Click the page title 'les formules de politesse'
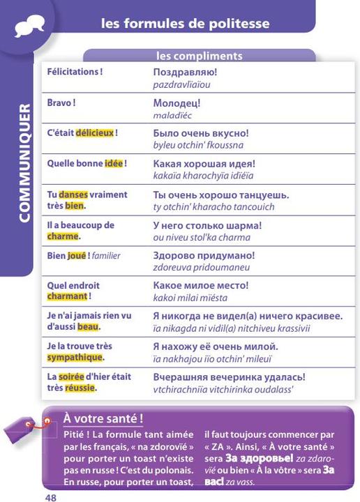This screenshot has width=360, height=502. coord(185,24)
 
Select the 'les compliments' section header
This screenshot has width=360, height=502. coord(199,55)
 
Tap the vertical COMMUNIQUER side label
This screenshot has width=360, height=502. coord(24,164)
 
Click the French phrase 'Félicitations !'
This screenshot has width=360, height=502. coord(75,72)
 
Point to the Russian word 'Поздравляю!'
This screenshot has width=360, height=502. coord(185,72)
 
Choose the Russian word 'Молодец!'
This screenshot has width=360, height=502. coord(177,102)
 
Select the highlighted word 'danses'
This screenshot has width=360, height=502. coord(73,195)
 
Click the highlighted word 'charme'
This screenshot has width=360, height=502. coord(63,236)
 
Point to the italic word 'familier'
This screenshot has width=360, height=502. coord(106,255)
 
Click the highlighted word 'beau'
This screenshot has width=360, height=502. coord(88,326)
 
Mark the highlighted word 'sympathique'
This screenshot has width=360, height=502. coord(75,357)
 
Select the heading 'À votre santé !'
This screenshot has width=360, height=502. coord(103,418)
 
